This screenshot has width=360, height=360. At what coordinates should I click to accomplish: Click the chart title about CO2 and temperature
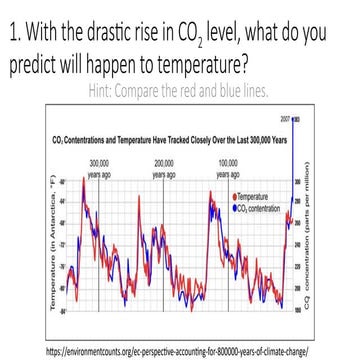tap(162, 137)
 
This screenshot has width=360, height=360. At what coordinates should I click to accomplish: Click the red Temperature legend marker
tap(233, 199)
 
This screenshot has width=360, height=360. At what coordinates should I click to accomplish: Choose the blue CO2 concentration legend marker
tap(233, 207)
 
